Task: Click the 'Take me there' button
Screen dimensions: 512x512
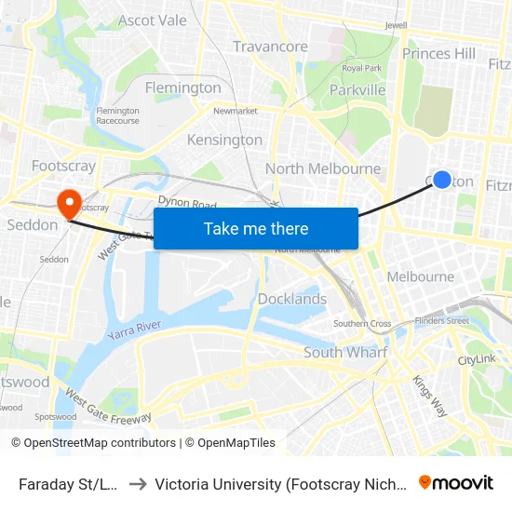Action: click(256, 228)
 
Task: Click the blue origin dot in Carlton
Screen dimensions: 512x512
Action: click(442, 180)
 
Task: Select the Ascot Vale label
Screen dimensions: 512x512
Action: click(153, 20)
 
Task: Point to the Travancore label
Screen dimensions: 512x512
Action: click(270, 47)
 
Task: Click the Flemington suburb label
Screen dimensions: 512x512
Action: click(183, 88)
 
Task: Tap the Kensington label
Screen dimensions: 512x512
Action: click(225, 140)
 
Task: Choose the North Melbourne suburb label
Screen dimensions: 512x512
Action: click(323, 168)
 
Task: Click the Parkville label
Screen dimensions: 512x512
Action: click(357, 90)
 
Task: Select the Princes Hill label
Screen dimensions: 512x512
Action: click(438, 54)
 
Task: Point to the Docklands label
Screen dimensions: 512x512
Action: click(292, 299)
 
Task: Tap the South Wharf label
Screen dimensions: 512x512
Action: click(345, 352)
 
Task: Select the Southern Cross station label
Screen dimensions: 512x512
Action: click(362, 324)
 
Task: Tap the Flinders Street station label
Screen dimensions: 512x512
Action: click(443, 321)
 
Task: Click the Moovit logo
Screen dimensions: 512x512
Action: click(456, 483)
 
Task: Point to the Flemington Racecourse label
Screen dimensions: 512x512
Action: click(117, 115)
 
